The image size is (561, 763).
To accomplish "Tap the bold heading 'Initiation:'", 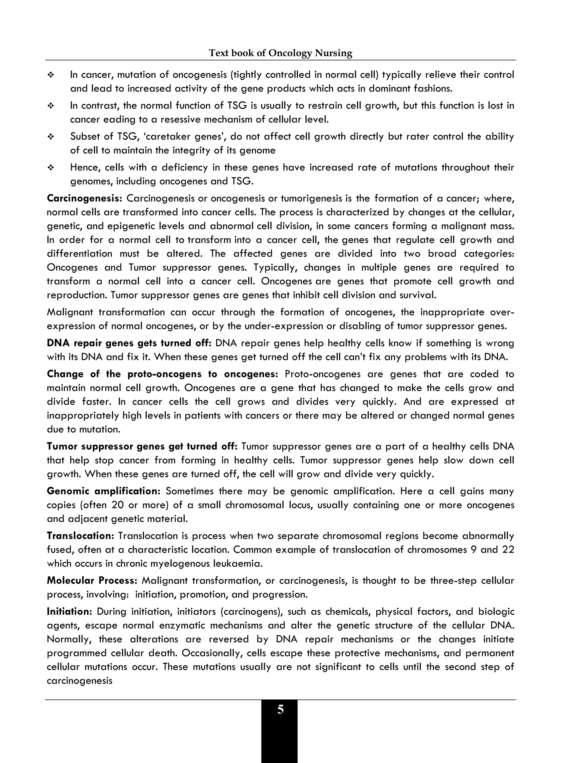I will [70, 611].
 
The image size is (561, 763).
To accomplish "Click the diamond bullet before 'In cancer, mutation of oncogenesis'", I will [51, 75].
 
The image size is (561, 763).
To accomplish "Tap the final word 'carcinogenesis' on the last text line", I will [79, 681].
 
